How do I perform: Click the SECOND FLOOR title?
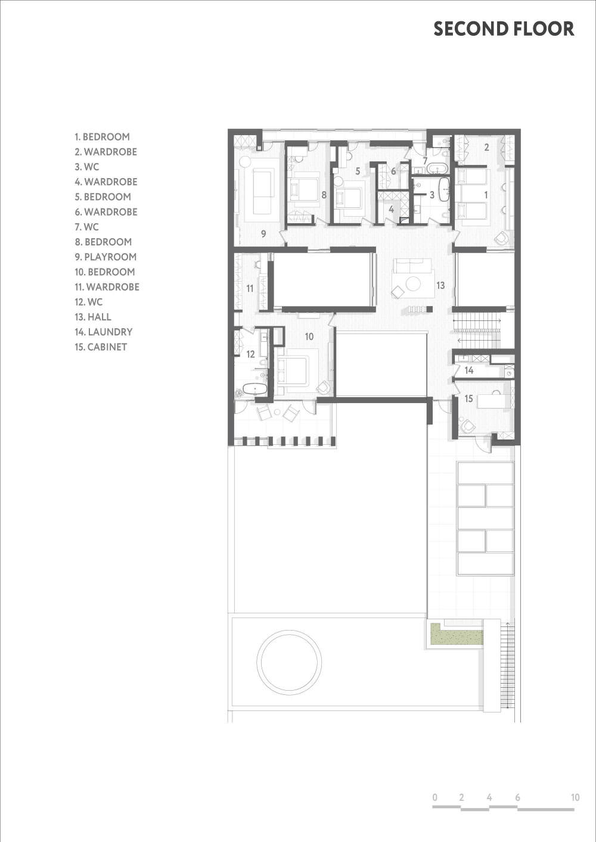(504, 29)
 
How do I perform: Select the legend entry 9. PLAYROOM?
(105, 257)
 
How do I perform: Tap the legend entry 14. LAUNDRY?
(104, 332)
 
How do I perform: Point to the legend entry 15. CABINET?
(101, 347)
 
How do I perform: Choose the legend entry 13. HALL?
(93, 317)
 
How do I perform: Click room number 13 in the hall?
(440, 286)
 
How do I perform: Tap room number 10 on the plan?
(309, 336)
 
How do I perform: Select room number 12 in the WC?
(250, 354)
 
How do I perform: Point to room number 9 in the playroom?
(263, 234)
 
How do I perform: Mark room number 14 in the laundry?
(469, 370)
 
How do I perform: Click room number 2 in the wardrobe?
(486, 147)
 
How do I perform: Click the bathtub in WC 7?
(436, 168)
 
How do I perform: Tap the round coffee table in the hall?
(414, 283)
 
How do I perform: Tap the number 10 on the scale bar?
(575, 797)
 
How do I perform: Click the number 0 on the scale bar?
(435, 797)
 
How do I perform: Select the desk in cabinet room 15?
(491, 401)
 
